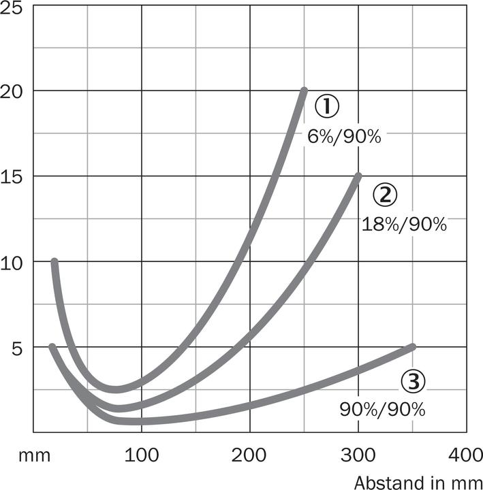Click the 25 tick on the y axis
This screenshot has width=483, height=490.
click(x=14, y=10)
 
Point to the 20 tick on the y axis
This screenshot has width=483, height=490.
click(x=14, y=91)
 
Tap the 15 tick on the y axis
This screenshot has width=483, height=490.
click(x=14, y=176)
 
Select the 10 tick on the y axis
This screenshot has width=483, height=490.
click(x=14, y=262)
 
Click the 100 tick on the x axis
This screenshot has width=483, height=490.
click(x=142, y=455)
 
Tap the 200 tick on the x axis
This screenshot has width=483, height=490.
click(x=250, y=455)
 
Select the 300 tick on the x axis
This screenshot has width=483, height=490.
click(x=358, y=455)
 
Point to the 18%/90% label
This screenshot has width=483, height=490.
click(x=403, y=225)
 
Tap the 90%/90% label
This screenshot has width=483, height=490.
click(x=382, y=410)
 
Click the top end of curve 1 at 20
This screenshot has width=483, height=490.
click(x=304, y=91)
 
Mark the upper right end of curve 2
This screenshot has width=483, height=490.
click(x=358, y=176)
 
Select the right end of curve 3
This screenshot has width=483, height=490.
click(x=412, y=347)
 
